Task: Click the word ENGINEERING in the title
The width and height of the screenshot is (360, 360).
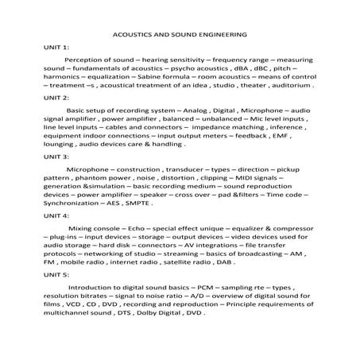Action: point(216,35)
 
